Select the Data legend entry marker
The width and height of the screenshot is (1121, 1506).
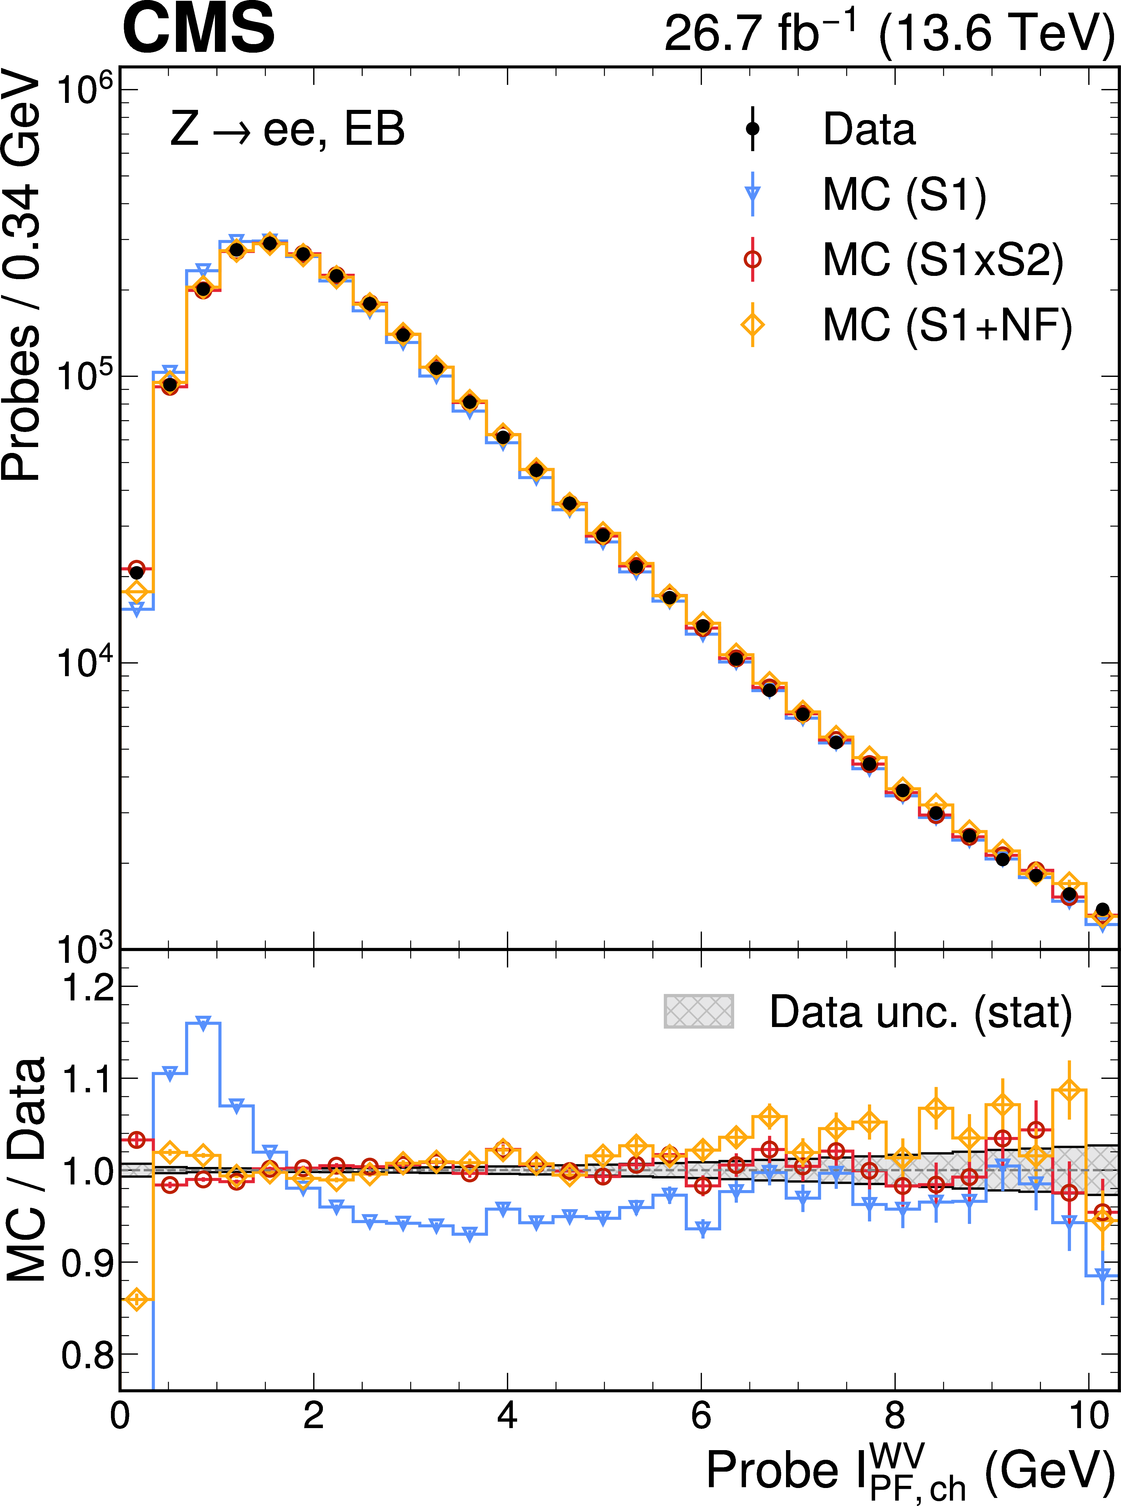752,128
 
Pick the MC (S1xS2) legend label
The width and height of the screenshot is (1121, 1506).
943,260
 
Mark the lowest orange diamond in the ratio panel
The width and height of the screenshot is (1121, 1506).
136,1300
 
